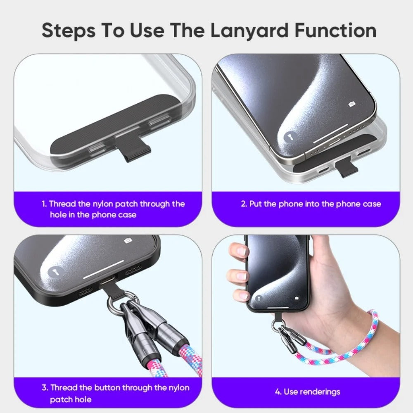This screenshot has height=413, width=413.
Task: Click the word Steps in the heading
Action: point(69,31)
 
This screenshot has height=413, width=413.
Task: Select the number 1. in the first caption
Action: point(44,204)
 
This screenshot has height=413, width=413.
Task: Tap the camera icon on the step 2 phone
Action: point(351,104)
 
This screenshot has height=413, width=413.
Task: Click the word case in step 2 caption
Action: point(372,204)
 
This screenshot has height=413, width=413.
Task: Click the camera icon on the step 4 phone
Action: point(297,298)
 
